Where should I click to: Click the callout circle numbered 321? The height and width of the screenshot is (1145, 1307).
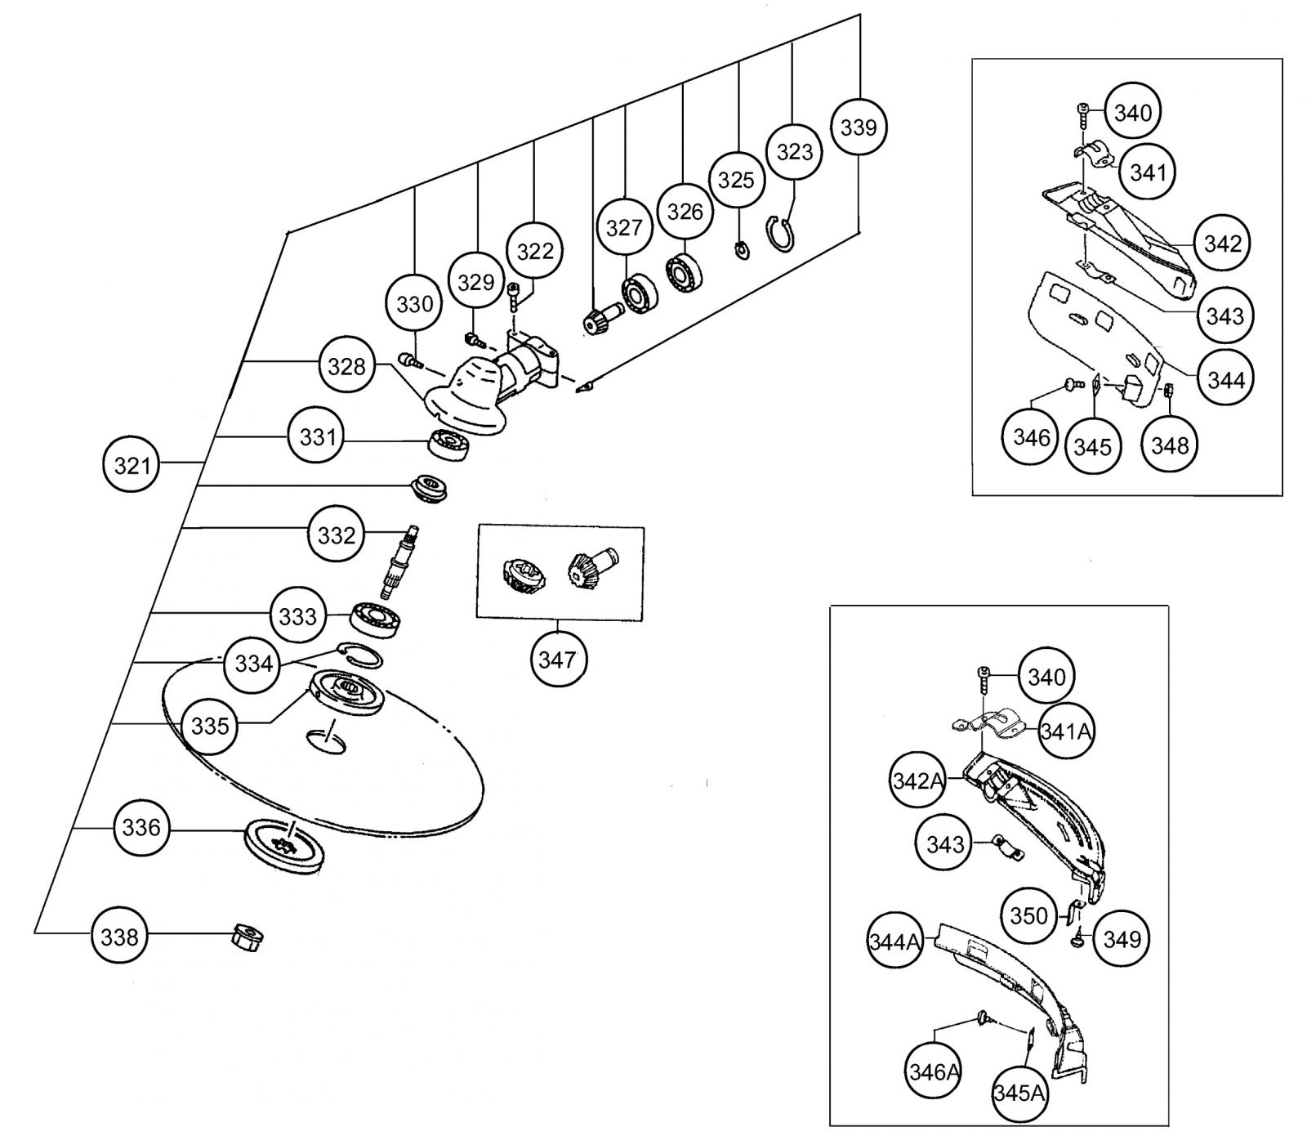pos(132,465)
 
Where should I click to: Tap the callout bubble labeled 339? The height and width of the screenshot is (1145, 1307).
pos(859,127)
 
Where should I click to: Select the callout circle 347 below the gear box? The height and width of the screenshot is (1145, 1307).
pos(558,659)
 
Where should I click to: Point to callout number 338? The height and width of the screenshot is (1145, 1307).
pos(119,937)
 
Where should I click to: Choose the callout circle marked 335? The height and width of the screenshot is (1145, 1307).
pos(210,725)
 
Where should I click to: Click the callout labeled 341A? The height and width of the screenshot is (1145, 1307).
pos(1066,731)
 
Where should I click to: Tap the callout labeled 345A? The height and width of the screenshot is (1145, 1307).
pos(1019,1093)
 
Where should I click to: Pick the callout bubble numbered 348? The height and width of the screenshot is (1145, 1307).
pos(1170,445)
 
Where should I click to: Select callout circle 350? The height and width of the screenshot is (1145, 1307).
pos(1028,915)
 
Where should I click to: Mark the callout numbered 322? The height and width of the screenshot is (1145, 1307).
pos(535,251)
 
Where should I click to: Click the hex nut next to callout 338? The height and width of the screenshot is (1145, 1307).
pos(248,937)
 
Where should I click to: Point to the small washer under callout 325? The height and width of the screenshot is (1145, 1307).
pos(743,249)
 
